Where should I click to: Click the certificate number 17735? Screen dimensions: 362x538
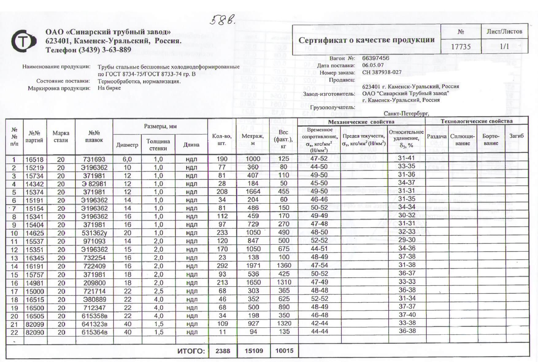pyautogui.click(x=461, y=47)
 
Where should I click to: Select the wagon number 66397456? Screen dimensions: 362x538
pyautogui.click(x=375, y=58)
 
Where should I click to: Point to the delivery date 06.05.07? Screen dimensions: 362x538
pyautogui.click(x=373, y=65)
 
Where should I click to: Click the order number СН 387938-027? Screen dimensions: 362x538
pyautogui.click(x=382, y=72)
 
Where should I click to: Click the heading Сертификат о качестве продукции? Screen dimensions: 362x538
pyautogui.click(x=367, y=40)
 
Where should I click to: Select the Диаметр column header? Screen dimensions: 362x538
pyautogui.click(x=127, y=145)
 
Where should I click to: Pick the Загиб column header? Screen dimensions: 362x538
pyautogui.click(x=517, y=136)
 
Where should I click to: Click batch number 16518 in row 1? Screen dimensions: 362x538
pyautogui.click(x=35, y=160)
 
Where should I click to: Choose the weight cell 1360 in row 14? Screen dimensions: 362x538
pyautogui.click(x=284, y=266)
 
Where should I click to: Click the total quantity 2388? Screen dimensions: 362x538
pyautogui.click(x=223, y=351)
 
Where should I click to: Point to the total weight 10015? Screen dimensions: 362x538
pyautogui.click(x=284, y=351)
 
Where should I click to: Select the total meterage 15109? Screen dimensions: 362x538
pyautogui.click(x=254, y=351)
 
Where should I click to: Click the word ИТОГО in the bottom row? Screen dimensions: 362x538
pyautogui.click(x=191, y=351)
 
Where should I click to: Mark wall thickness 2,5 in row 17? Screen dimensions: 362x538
pyautogui.click(x=158, y=291)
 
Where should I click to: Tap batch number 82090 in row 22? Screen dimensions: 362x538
pyautogui.click(x=35, y=332)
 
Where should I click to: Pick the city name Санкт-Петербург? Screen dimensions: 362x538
pyautogui.click(x=406, y=113)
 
